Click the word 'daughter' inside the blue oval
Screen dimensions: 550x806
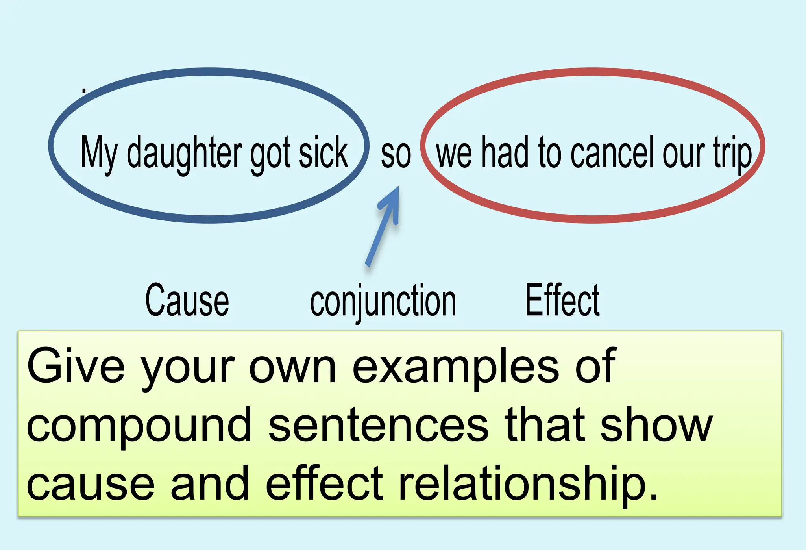coord(184,153)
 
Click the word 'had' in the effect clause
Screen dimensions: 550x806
coord(505,152)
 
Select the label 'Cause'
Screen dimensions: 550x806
coord(187,300)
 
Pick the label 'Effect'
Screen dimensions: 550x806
coord(562,300)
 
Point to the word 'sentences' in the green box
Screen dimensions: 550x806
coord(378,425)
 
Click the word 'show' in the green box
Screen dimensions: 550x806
coord(656,425)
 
